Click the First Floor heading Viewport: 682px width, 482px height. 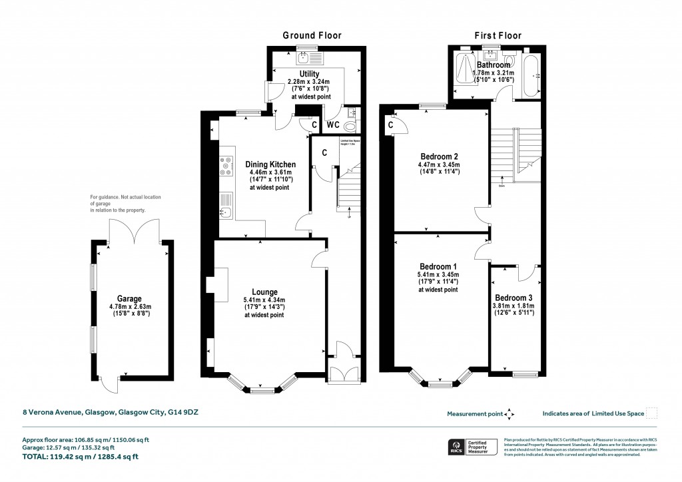click(498, 35)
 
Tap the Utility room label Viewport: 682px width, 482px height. click(309, 74)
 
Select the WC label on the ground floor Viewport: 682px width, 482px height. click(333, 124)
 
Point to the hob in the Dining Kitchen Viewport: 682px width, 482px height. click(225, 165)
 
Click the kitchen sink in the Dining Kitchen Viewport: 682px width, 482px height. click(224, 212)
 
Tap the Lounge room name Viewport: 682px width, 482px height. click(264, 291)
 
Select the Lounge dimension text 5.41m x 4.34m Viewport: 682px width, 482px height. click(264, 300)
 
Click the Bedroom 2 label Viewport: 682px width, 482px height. click(440, 156)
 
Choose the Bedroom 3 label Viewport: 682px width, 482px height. click(514, 298)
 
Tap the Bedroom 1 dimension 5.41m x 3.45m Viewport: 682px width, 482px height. click(438, 274)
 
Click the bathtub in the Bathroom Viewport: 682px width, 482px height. click(531, 76)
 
